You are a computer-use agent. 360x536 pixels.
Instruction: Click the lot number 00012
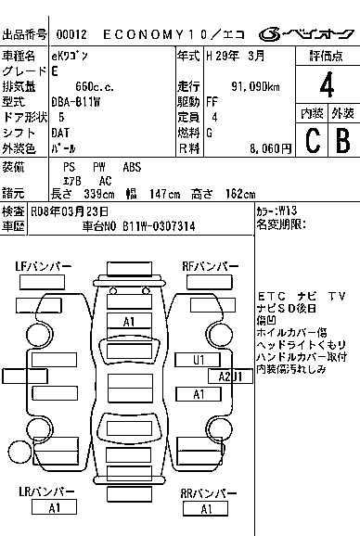point(71,34)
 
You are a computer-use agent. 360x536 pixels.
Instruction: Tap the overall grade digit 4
point(327,84)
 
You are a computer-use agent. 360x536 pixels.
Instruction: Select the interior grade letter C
point(313,140)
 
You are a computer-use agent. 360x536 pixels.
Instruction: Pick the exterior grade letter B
point(343,140)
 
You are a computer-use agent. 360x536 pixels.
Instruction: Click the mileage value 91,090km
point(255,87)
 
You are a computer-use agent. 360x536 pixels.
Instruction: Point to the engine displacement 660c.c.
point(95,87)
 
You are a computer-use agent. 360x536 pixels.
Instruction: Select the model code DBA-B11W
point(75,102)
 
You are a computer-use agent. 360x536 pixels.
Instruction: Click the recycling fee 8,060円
point(270,148)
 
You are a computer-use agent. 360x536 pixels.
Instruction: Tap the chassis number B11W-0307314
point(159,226)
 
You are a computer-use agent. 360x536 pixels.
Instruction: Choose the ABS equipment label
point(132,167)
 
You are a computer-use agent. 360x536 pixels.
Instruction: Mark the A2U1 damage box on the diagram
point(230,376)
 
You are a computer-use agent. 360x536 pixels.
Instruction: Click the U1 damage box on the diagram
point(198,360)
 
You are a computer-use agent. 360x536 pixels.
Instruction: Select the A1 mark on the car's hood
point(129,322)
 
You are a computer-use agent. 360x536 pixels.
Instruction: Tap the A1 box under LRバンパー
point(54,507)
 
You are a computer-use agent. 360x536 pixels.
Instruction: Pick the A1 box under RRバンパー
point(205,509)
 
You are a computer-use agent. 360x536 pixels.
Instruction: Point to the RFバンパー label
point(210,266)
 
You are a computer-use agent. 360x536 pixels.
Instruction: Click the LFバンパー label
point(44,266)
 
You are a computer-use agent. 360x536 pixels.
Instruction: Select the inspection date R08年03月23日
point(70,212)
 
